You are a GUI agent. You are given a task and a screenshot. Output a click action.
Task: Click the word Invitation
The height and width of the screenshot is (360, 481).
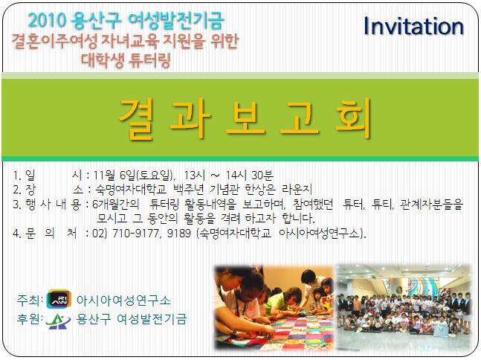(x=413, y=26)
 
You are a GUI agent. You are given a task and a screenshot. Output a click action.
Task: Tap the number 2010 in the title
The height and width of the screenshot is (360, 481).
(x=48, y=20)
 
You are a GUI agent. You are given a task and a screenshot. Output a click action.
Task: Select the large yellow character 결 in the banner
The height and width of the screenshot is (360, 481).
(x=136, y=118)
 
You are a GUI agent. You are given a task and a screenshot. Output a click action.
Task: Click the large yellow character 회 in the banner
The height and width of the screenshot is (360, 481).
(x=354, y=118)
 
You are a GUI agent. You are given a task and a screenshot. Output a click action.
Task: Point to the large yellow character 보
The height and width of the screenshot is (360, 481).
(x=245, y=118)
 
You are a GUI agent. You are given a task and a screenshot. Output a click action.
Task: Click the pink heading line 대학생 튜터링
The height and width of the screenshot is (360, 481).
(x=126, y=60)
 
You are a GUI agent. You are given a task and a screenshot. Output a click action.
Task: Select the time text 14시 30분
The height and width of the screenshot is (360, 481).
(x=249, y=176)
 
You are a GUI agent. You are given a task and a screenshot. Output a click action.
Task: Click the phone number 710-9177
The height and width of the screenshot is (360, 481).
(x=135, y=234)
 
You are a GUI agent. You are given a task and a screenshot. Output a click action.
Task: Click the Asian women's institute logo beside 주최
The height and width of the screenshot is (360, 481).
(x=59, y=299)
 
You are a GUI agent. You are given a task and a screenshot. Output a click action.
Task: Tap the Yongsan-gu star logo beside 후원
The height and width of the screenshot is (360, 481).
(x=58, y=321)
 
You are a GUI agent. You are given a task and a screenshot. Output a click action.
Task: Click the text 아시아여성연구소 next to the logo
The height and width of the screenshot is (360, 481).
(x=123, y=300)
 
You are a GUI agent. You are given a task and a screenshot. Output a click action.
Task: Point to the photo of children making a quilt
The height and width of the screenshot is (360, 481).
(x=274, y=308)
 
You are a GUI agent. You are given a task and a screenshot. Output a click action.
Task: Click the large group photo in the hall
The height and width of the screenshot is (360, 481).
(x=404, y=308)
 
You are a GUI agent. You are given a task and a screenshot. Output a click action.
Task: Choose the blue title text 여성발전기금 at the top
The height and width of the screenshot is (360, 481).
(x=175, y=20)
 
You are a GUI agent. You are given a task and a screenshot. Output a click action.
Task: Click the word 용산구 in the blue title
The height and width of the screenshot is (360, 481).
(x=97, y=21)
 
